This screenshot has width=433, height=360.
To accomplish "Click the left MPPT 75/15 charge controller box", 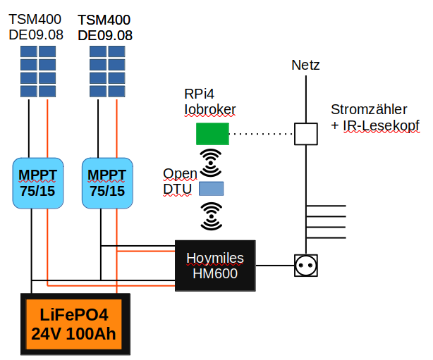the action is (x=38, y=183).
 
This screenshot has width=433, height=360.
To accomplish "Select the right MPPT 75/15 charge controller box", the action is (x=107, y=183).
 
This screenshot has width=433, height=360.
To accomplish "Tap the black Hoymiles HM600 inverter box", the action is (x=215, y=266).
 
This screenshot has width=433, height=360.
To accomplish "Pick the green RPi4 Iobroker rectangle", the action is (x=212, y=134).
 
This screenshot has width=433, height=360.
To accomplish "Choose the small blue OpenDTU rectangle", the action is (x=212, y=188).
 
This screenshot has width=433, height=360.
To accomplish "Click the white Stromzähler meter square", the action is (x=305, y=134).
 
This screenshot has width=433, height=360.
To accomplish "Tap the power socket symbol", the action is (x=305, y=266).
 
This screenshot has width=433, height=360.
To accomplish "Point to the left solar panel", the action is (x=38, y=71).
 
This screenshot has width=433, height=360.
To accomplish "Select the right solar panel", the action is (x=107, y=71).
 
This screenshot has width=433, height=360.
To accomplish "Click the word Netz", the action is (x=305, y=65).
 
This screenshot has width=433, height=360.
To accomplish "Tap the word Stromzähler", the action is (x=369, y=109).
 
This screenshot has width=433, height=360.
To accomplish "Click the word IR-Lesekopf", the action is (x=381, y=126).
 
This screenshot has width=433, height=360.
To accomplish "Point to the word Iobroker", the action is (x=210, y=109).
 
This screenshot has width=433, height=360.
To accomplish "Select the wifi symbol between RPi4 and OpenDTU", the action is (x=211, y=163).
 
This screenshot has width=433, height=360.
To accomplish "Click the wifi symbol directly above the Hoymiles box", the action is (x=212, y=216).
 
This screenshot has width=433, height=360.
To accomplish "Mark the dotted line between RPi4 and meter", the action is (x=262, y=134).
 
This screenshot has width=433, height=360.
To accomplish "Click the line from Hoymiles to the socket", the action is (x=275, y=266).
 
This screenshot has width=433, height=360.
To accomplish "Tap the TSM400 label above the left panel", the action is (x=35, y=19).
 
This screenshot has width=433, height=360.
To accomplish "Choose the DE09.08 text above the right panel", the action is (x=105, y=36).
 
